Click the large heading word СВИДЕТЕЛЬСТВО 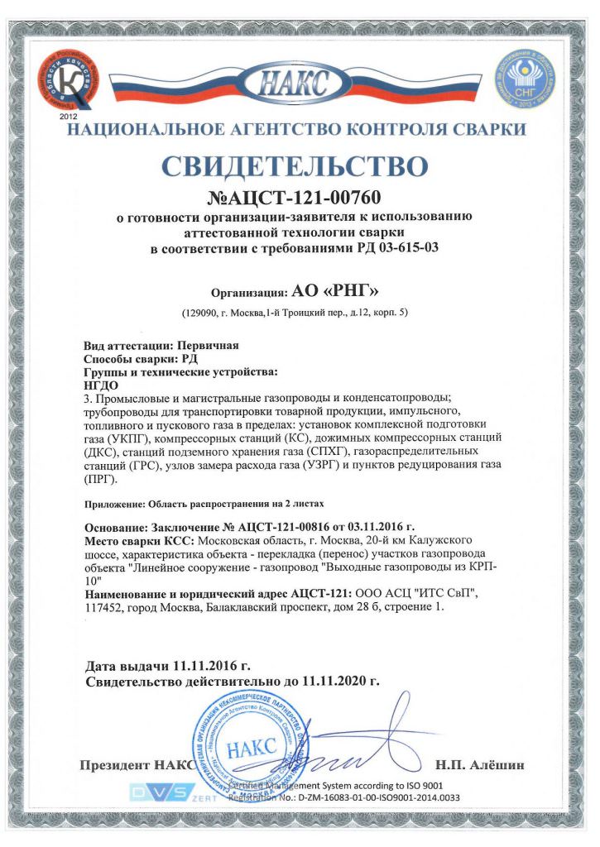[295, 165]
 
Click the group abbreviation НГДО [103, 385]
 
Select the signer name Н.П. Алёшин [479, 764]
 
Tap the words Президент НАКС [135, 764]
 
